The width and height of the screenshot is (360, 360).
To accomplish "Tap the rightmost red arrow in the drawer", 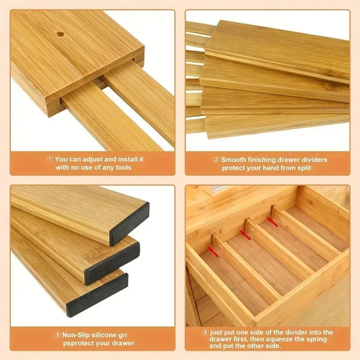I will (274, 220).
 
